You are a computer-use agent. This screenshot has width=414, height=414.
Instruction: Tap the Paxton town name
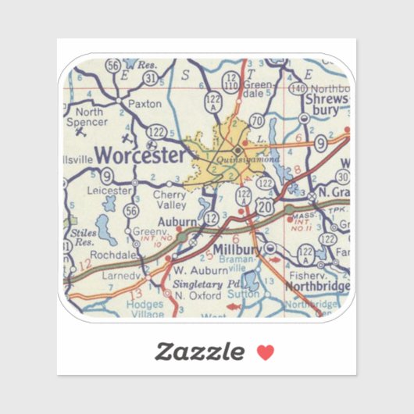pyautogui.click(x=145, y=102)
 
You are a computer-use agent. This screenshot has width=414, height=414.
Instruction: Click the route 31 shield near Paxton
pyautogui.click(x=149, y=79)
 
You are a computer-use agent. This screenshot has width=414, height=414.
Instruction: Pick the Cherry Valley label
pyautogui.click(x=170, y=199)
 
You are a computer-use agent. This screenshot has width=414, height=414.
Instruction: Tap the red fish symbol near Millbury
pyautogui.click(x=273, y=257)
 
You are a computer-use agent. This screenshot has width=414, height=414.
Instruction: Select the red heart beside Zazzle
pyautogui.click(x=266, y=352)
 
